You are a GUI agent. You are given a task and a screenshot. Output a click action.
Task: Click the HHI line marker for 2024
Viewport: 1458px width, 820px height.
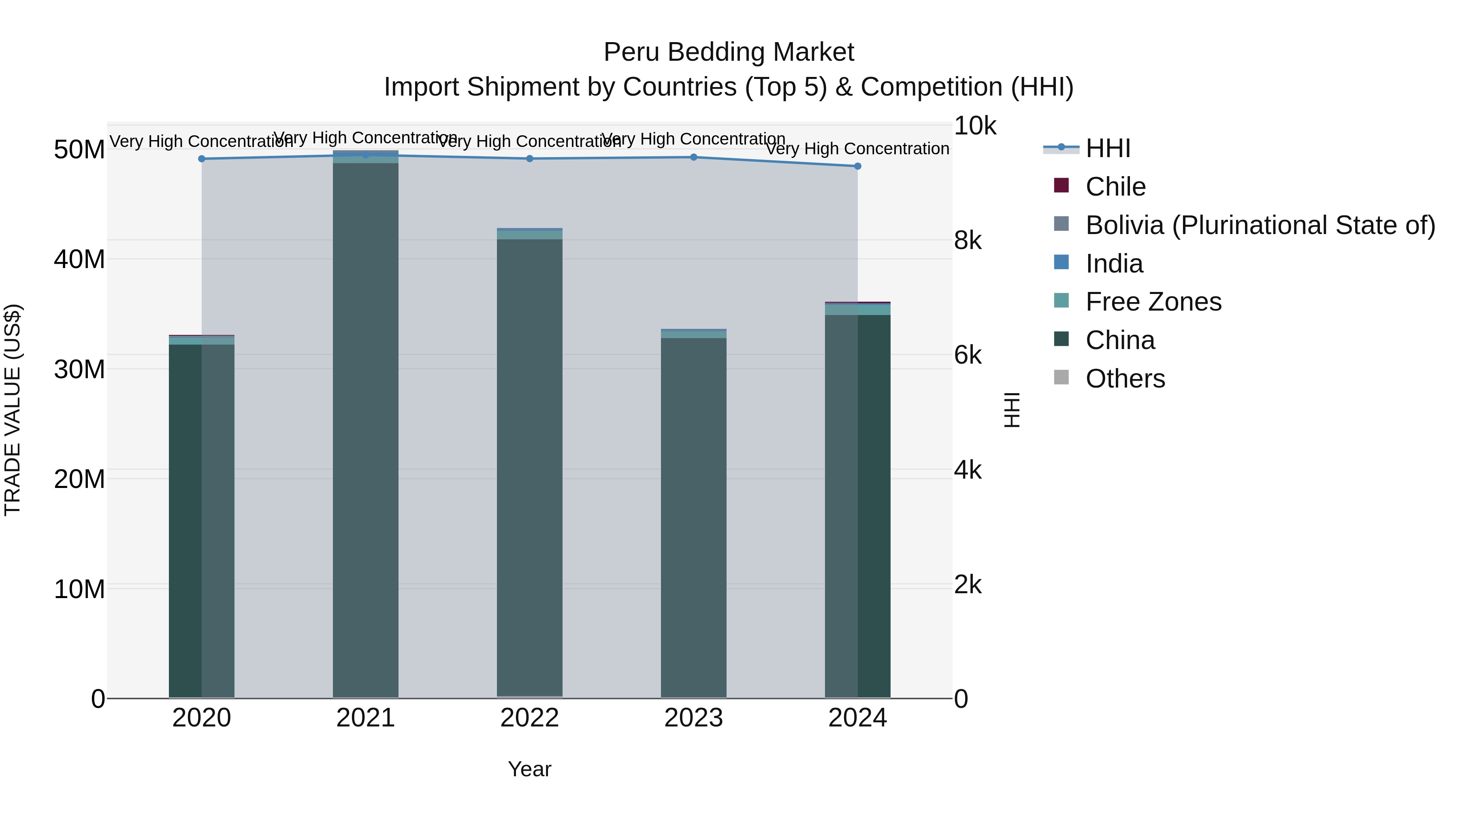857,166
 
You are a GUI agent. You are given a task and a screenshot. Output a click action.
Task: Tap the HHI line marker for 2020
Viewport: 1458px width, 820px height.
202,159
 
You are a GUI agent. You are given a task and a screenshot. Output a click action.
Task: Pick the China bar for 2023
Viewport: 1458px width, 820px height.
693,518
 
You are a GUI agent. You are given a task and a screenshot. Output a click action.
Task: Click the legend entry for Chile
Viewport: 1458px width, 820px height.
1115,187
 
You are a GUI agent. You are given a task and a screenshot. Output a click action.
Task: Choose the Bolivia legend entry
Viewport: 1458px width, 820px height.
1260,225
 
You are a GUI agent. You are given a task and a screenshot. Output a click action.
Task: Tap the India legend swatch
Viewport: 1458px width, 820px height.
1061,262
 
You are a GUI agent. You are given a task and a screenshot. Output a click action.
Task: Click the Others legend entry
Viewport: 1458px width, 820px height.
1125,379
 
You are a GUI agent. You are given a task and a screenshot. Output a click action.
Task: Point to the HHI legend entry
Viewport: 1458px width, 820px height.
1108,148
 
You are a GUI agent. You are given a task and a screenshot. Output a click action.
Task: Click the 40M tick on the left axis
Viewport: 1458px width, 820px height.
79,260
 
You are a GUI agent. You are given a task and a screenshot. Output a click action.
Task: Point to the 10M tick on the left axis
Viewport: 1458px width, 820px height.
79,589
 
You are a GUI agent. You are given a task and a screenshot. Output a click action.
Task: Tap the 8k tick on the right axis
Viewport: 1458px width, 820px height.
968,241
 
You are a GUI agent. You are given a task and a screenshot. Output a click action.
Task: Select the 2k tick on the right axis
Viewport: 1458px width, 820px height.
968,585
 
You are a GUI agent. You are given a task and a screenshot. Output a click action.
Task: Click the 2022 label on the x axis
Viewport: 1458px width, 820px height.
530,718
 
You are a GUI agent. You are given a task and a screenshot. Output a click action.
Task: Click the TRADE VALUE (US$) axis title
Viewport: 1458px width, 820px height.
13,410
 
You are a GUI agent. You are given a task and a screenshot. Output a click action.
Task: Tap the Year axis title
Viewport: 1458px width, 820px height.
529,769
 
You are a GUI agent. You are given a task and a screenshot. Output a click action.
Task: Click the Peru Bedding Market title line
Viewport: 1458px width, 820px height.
729,52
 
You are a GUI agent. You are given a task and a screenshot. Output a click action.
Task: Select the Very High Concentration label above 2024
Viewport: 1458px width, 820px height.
857,149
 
